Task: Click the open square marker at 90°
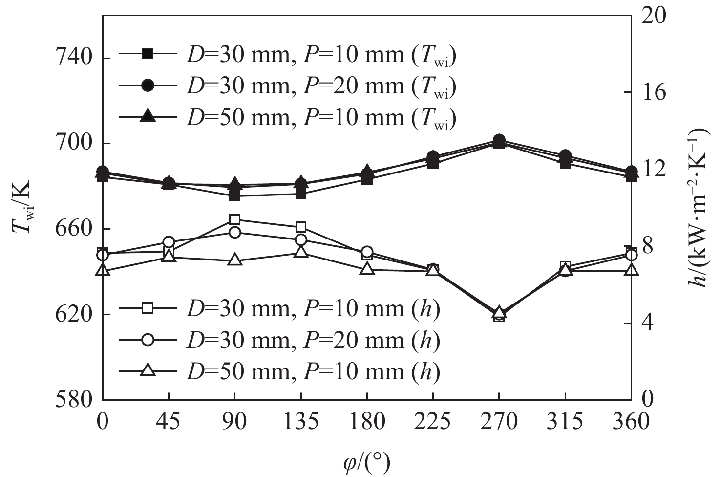pos(235,219)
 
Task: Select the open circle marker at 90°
pos(235,232)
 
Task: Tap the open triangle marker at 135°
pos(301,252)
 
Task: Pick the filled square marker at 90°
pos(235,195)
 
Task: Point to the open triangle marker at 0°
pos(103,270)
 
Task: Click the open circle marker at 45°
pos(169,242)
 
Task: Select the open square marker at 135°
pos(301,227)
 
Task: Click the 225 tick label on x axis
pos(433,421)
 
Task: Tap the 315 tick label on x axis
pos(565,421)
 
